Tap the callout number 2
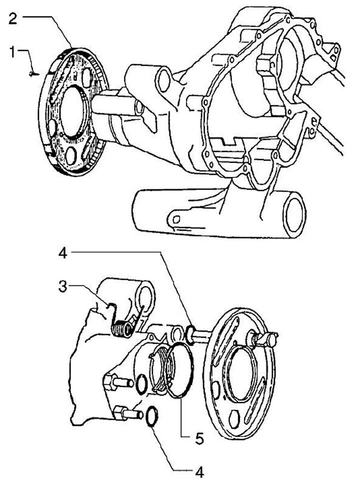coord(13,19)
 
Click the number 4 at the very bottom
coord(199,471)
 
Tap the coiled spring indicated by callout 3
coord(121,329)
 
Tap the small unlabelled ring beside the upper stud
coord(141,383)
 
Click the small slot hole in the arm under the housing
coord(176,219)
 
